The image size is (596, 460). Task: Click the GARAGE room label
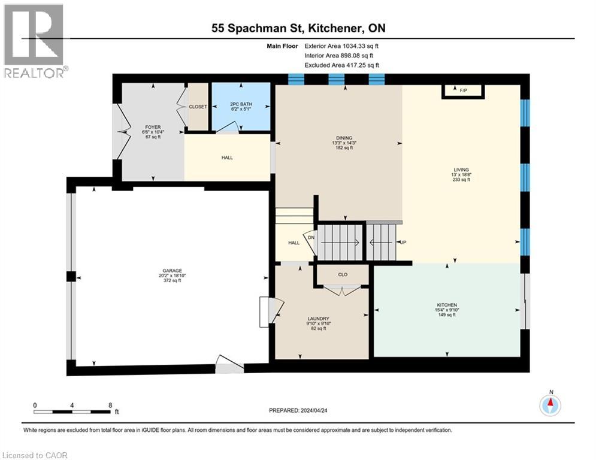[x=171, y=271]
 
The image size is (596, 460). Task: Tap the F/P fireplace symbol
[x=463, y=91]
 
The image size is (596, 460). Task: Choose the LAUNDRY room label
[x=318, y=319]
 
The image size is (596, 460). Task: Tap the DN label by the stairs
[x=311, y=238]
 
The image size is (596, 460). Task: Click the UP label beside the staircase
[x=403, y=242]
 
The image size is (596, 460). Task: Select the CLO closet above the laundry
[x=343, y=275]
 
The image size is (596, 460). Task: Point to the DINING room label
[x=344, y=137]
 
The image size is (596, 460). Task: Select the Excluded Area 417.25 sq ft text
[x=342, y=65]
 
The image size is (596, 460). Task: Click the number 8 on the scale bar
[x=110, y=405]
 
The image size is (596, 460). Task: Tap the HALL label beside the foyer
[x=226, y=158]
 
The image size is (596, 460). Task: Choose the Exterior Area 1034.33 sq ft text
[x=342, y=46]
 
